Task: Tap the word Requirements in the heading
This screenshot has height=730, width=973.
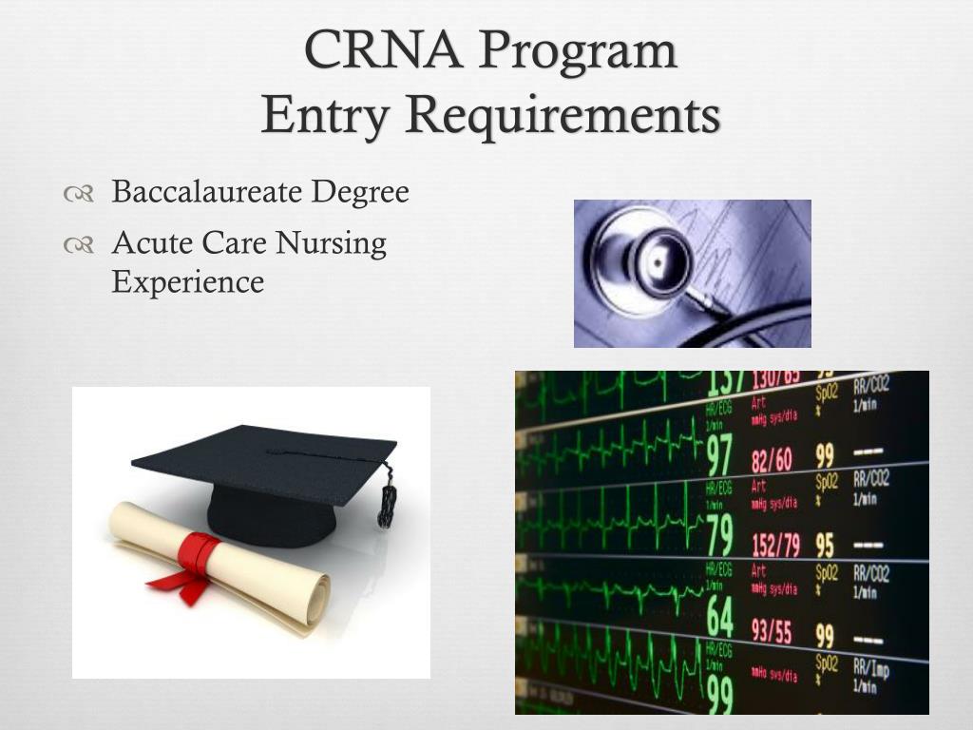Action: [x=562, y=116]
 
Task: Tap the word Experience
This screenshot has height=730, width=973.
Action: [x=187, y=281]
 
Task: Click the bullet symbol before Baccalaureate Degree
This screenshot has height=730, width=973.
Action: [x=78, y=194]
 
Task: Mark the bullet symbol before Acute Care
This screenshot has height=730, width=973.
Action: [x=78, y=245]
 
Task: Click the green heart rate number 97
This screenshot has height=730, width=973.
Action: [x=720, y=456]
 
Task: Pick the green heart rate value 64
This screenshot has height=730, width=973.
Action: [x=720, y=619]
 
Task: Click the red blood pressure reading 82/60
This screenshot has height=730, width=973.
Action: [x=772, y=461]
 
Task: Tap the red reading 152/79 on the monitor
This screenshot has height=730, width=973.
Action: [x=775, y=547]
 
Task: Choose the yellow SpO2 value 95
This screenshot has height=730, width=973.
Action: [x=825, y=546]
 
